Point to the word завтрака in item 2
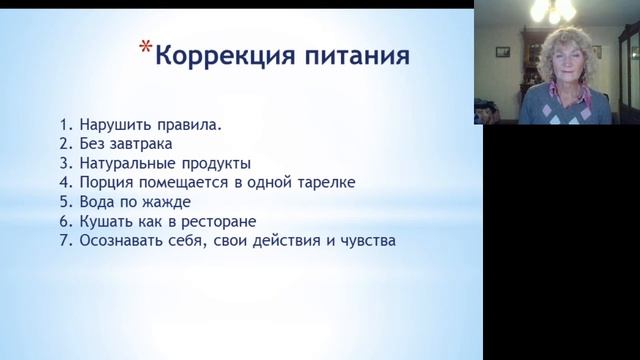pyautogui.click(x=143, y=145)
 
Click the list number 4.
pyautogui.click(x=64, y=183)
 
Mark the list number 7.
pyautogui.click(x=64, y=241)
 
